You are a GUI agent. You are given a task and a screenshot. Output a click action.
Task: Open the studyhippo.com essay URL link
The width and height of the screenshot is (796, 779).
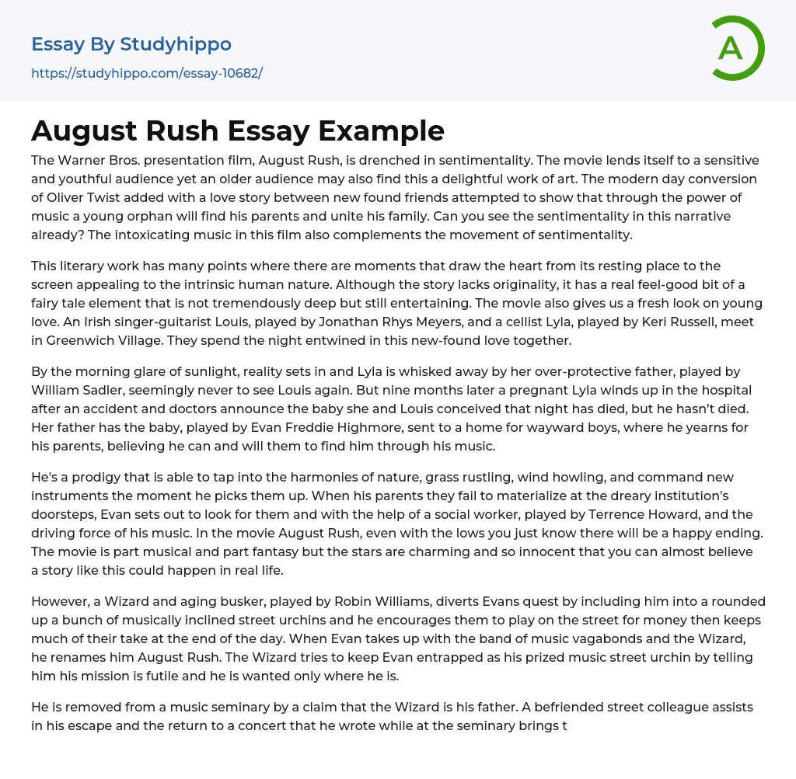[x=147, y=73]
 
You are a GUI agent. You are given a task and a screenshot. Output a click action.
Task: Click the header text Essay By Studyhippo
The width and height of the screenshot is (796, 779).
[x=131, y=44]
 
